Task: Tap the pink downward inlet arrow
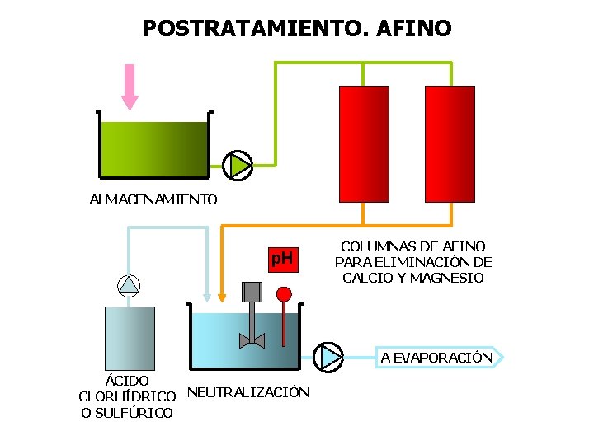[130, 87]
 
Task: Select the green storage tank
[153, 148]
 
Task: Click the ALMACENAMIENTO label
[153, 199]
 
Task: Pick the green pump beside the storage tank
[239, 165]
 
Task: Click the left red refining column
[363, 143]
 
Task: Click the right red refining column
[450, 143]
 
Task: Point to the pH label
[282, 260]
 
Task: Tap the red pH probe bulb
[284, 293]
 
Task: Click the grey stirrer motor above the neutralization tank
[252, 292]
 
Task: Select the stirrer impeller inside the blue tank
[251, 340]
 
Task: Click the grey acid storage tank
[130, 339]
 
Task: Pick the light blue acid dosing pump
[130, 285]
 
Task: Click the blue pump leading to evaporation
[330, 356]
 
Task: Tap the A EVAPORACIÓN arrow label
[437, 357]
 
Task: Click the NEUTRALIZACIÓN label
[248, 392]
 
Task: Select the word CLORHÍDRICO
[127, 396]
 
